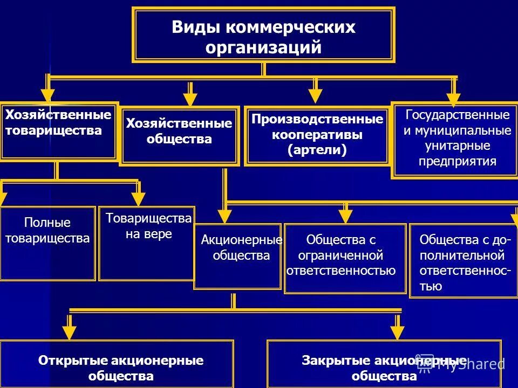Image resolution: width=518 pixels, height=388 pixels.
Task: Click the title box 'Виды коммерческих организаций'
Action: pos(263,35)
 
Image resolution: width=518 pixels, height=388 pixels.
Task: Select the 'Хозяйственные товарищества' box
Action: pos(58,131)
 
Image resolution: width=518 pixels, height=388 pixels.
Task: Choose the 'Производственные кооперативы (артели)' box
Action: pos(317,136)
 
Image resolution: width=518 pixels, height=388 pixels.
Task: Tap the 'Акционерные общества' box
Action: pos(238,256)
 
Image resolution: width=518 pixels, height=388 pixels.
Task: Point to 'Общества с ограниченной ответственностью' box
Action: pos(345,258)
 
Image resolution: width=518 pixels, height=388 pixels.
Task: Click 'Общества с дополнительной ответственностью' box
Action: pos(464,260)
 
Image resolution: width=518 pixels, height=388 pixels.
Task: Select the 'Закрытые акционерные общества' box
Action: pos(384,366)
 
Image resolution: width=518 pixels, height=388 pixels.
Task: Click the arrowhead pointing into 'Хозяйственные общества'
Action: pos(190,99)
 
